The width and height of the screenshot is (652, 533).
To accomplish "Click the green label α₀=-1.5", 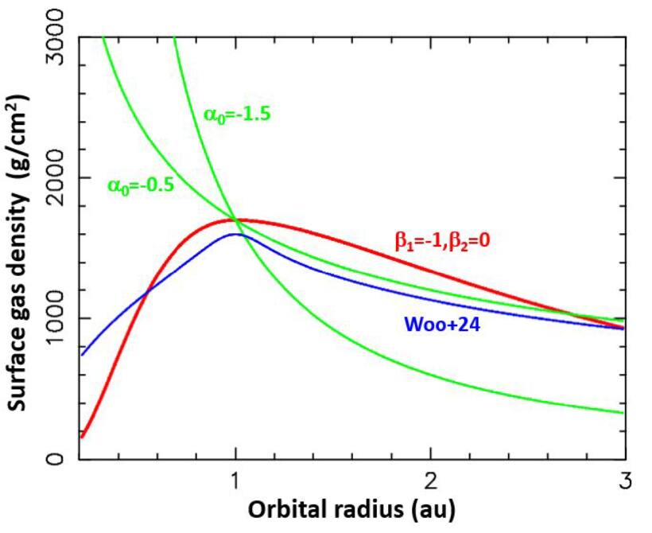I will click(x=237, y=115).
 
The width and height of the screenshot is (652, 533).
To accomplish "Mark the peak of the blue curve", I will click(x=236, y=235).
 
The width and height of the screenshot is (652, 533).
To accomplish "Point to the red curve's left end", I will click(x=82, y=436).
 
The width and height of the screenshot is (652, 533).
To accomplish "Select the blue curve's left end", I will click(x=82, y=355).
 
